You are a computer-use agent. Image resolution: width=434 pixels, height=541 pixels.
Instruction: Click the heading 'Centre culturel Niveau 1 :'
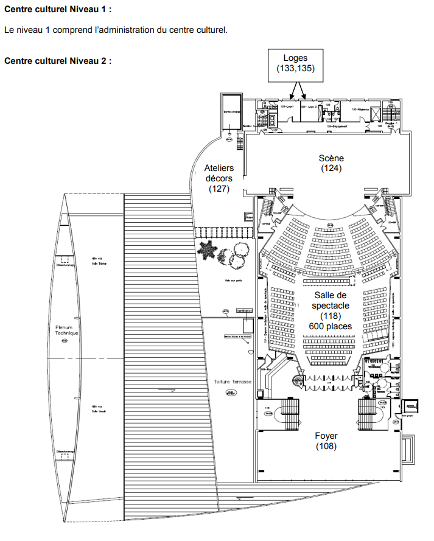58,11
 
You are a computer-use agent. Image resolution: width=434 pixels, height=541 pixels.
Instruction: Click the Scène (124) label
332,163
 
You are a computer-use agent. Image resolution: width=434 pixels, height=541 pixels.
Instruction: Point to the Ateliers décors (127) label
219,178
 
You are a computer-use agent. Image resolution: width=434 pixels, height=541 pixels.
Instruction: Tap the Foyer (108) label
326,441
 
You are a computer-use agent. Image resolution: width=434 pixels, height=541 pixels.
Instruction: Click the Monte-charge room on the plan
231,113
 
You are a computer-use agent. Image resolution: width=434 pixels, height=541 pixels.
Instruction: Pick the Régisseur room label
365,109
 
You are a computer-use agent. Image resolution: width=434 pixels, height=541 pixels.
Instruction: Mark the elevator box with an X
375,114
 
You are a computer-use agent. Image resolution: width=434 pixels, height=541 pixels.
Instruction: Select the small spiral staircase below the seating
297,381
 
